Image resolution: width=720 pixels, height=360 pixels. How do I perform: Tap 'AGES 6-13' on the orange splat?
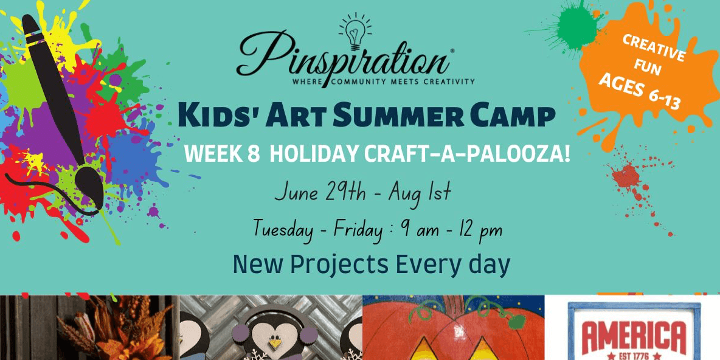(639, 94)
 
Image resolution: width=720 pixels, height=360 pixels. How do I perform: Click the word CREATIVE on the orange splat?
(654, 49)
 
